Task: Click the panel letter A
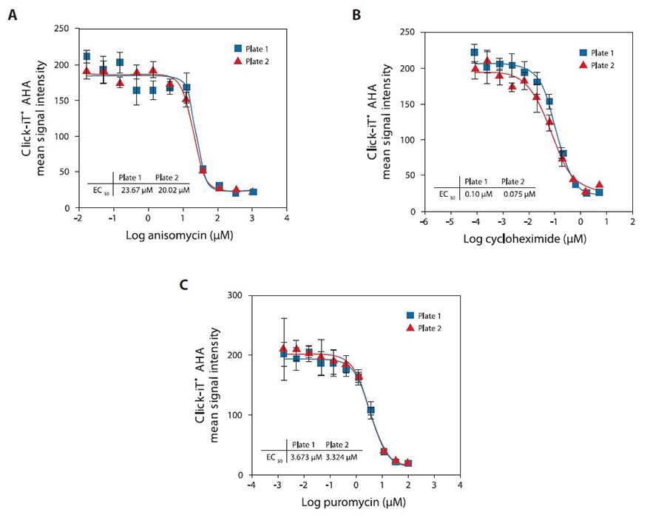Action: (x=13, y=16)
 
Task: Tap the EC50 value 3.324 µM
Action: (x=342, y=457)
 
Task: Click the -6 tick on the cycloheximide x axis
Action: (x=423, y=222)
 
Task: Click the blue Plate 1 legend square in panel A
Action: (x=230, y=49)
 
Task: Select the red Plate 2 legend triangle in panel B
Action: (x=582, y=65)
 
